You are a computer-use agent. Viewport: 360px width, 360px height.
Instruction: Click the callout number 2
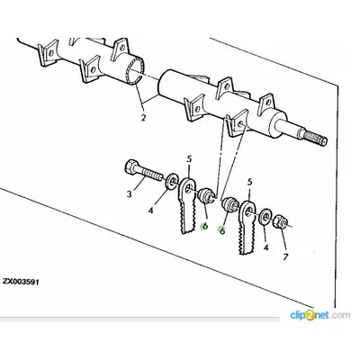[143, 117]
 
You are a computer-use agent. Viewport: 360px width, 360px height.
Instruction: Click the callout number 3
[129, 194]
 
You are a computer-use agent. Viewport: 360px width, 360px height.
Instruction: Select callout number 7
[285, 256]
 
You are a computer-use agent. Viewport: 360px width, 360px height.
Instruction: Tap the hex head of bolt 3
[130, 167]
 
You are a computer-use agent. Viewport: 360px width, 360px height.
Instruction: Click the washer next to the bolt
[172, 182]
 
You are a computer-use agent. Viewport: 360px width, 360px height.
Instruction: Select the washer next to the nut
[265, 217]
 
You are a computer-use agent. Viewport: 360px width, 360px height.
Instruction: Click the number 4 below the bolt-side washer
[150, 211]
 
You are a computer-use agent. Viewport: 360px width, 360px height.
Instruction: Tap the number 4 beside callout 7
[265, 247]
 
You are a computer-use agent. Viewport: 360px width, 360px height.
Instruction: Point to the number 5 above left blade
[189, 159]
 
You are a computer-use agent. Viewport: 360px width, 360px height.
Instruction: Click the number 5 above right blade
[249, 182]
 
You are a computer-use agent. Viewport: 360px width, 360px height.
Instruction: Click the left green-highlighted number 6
[205, 226]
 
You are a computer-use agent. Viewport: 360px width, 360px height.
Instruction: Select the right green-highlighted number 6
[222, 230]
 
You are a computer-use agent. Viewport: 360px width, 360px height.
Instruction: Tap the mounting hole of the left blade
[188, 190]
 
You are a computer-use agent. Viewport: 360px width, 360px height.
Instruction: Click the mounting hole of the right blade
[248, 212]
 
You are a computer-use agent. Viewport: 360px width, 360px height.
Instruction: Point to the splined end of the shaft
[316, 137]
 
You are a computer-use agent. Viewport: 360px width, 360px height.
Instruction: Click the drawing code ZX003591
[21, 282]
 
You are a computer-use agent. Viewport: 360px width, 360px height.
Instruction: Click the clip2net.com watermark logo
[319, 315]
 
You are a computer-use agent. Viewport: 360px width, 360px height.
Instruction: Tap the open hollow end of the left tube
[135, 71]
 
